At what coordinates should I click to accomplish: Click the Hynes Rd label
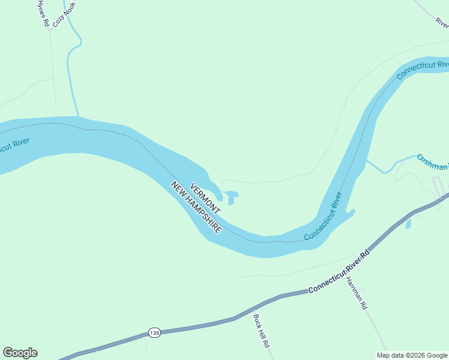coord(43,13)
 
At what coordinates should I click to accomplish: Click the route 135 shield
coord(154,332)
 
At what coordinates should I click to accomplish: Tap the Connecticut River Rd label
coord(339,274)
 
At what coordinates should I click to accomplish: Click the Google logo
coord(20,353)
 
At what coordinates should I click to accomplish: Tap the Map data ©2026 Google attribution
coord(412,355)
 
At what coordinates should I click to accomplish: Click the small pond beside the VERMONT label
coord(232,197)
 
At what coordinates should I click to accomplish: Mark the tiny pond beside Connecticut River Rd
coord(409,224)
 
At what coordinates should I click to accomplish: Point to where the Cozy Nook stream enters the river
coord(78,116)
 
